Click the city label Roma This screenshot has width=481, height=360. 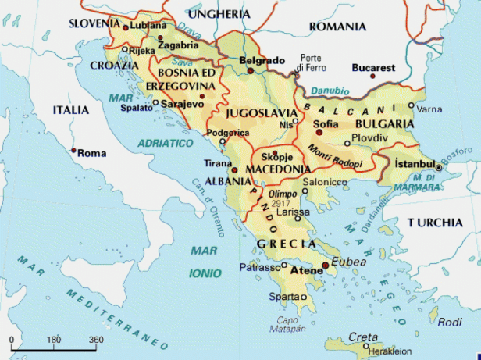click(x=92, y=153)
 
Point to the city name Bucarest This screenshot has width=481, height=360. click(x=373, y=68)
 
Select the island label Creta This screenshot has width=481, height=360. click(x=362, y=337)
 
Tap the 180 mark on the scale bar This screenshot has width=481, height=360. click(x=54, y=340)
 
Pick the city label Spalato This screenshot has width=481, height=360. click(x=137, y=108)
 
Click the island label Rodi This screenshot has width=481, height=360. click(x=451, y=322)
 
